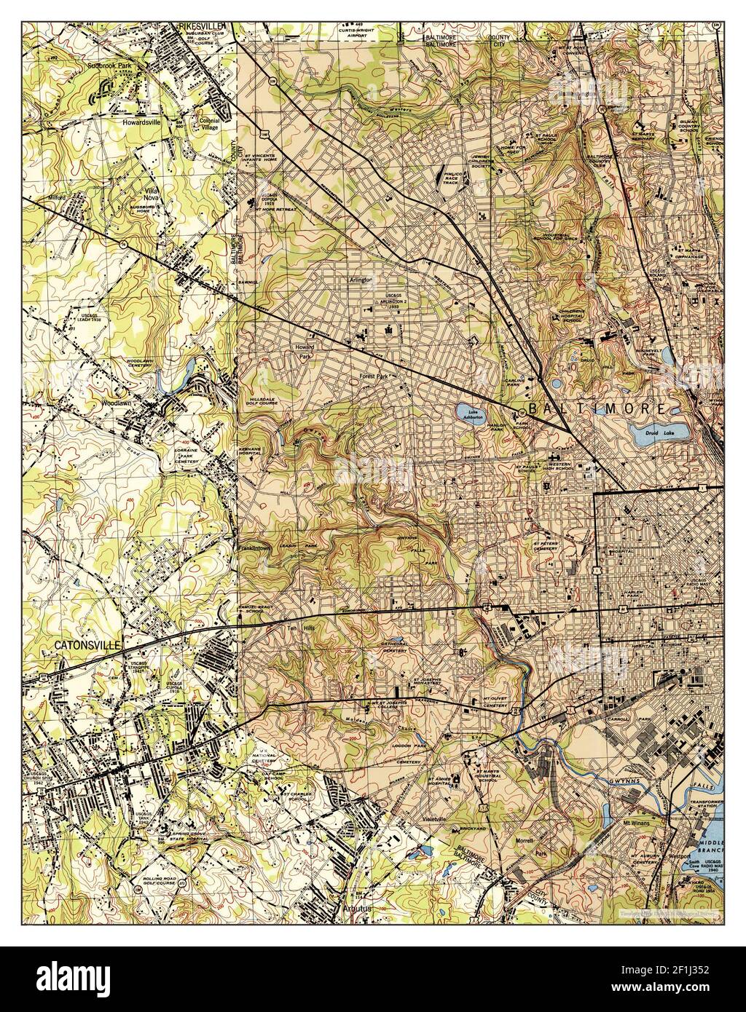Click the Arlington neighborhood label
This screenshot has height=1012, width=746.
coord(360,279)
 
